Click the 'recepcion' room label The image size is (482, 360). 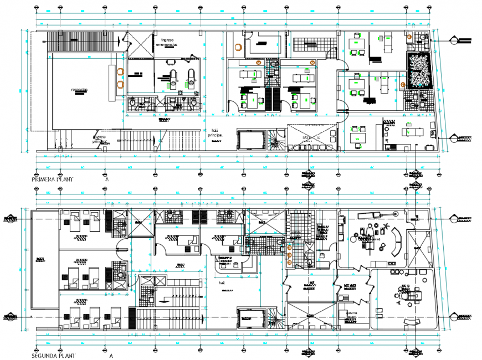pos(79,89)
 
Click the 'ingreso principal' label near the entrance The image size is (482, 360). pos(100,138)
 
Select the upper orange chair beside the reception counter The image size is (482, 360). pos(120,71)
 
